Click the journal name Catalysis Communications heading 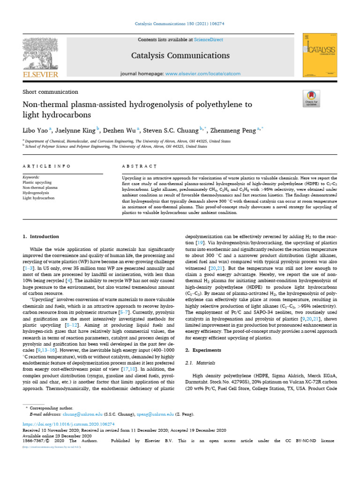point(180,56)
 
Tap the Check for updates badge point(311,97)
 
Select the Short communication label point(50,92)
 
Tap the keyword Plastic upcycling point(37,182)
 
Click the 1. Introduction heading point(42,237)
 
